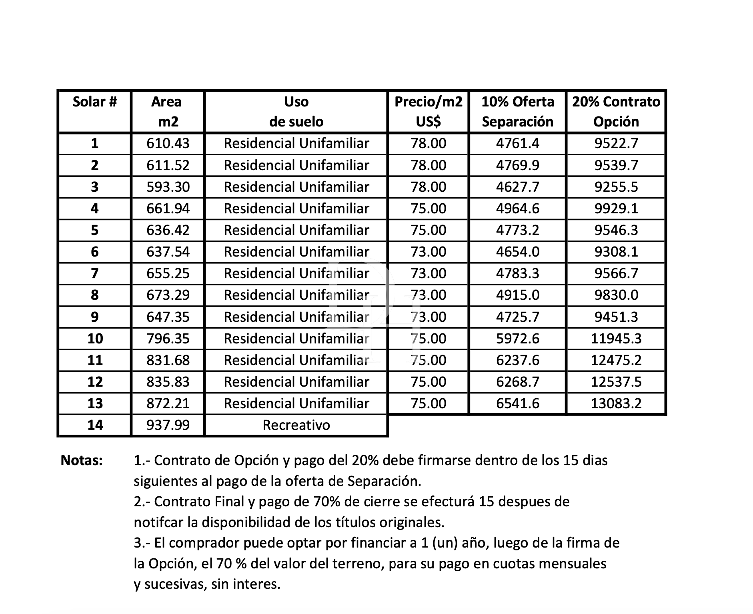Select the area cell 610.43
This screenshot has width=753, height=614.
coord(168,143)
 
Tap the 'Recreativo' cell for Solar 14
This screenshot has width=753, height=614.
coord(296,425)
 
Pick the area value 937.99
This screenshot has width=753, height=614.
coord(168,425)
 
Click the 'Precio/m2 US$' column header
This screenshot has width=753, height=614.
coord(428,111)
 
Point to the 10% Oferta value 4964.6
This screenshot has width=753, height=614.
coord(517,209)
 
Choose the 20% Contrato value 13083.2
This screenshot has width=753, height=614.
coord(616,403)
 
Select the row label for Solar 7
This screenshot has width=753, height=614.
coord(95,273)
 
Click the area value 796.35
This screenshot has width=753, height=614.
coord(168,339)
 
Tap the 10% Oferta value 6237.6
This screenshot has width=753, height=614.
coord(517,360)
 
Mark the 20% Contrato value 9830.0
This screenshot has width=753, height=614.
coord(616,295)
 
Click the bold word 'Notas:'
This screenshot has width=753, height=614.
coord(82,460)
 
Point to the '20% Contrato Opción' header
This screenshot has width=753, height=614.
coord(616,111)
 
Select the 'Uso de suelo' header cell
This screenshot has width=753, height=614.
coord(296,111)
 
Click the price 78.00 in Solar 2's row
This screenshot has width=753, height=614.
coord(428,165)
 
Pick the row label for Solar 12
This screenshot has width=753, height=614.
coord(95,382)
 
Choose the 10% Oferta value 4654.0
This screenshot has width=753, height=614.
coord(517,252)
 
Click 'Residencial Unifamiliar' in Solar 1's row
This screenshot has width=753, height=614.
coord(296,143)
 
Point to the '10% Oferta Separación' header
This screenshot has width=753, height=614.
coord(517,111)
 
